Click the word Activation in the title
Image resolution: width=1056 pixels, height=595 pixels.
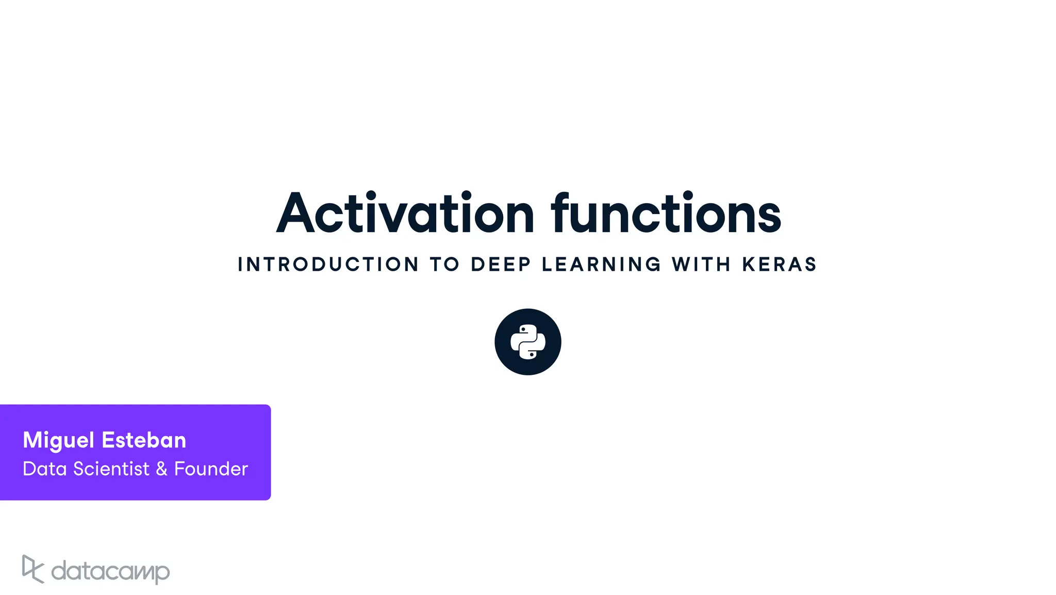[x=405, y=213]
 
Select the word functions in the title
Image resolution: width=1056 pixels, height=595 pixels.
[x=666, y=213]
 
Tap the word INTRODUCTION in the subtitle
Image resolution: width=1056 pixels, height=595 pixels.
[x=328, y=265]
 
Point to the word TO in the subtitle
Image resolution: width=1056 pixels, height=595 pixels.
[x=444, y=265]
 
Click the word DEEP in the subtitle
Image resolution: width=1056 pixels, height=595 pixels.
[x=501, y=265]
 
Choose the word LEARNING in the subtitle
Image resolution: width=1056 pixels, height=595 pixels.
[x=601, y=265]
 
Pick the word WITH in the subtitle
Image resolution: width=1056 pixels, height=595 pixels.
[x=701, y=265]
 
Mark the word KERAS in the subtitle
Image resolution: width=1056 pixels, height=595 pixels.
[x=779, y=265]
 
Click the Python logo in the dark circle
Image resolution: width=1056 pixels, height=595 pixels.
[x=527, y=342]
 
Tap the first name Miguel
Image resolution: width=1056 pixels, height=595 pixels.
[x=58, y=441]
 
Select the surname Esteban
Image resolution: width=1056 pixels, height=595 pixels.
[x=144, y=440]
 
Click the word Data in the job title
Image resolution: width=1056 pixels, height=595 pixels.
[x=45, y=469]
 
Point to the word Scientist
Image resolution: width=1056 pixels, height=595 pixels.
[x=111, y=469]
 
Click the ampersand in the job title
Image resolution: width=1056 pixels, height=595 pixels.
[x=161, y=469]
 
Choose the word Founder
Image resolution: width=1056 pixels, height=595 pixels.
[x=211, y=469]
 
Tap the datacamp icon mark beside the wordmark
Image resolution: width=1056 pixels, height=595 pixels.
[x=32, y=569]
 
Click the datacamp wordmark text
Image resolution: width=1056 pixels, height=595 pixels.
[x=110, y=571]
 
